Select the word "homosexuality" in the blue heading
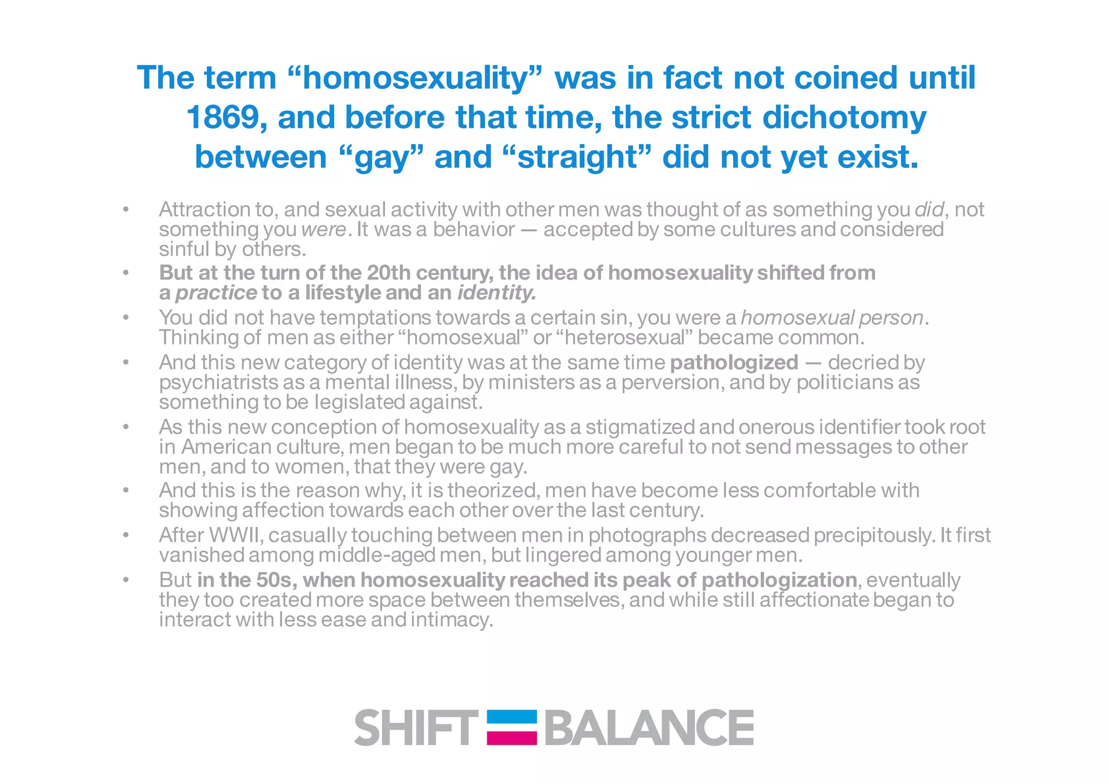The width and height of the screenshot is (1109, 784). [x=414, y=77]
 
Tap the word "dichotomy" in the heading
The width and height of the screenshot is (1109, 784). [x=844, y=117]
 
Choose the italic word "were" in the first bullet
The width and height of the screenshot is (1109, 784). [x=323, y=229]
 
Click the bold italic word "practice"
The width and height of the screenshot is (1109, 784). [x=216, y=293]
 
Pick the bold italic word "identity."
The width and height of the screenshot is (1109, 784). [x=497, y=293]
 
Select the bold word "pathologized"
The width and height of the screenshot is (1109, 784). [x=734, y=362]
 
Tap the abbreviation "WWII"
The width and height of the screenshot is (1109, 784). [x=237, y=535]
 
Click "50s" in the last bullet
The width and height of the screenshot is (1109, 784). [x=275, y=580]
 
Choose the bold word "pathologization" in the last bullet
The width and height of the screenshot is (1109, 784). [x=779, y=580]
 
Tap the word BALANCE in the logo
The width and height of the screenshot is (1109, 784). [x=649, y=728]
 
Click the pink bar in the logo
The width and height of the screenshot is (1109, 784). [x=512, y=737]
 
